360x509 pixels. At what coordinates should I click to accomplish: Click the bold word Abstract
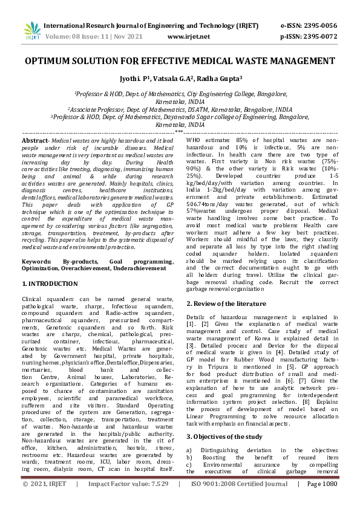[x=35, y=140]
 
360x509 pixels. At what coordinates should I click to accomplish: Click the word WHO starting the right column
[x=194, y=140]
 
